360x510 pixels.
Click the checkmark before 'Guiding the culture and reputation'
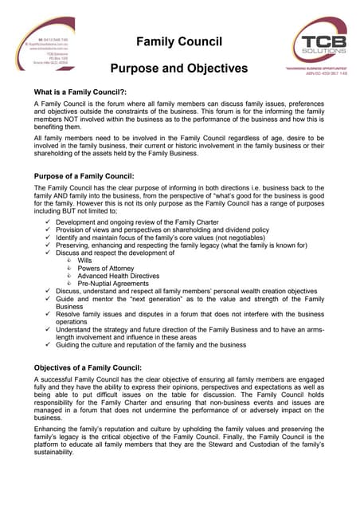point(49,344)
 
